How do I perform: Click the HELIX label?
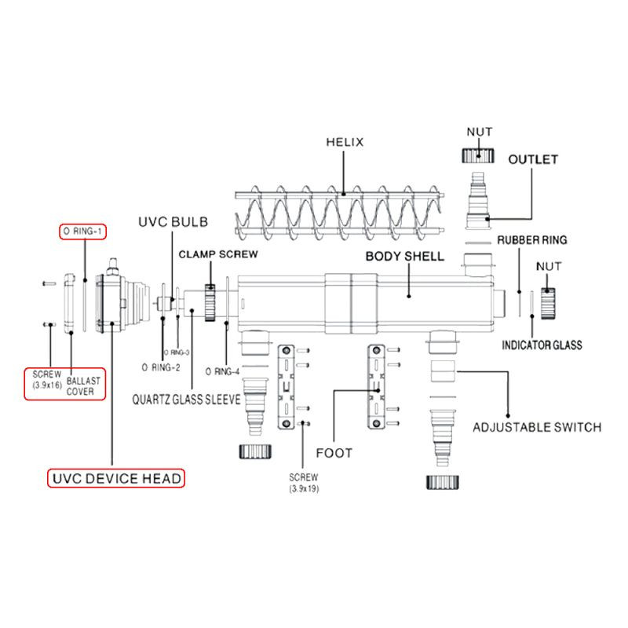(x=345, y=142)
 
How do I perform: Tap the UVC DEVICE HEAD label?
(x=116, y=479)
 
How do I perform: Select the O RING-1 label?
(x=82, y=231)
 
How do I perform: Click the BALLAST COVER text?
(x=83, y=386)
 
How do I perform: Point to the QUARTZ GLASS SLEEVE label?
(x=187, y=400)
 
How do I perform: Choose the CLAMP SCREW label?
(x=218, y=254)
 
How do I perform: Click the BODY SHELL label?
(x=405, y=257)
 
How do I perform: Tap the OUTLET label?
(x=533, y=159)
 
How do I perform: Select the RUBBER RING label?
(x=532, y=240)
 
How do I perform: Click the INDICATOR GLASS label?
(x=542, y=345)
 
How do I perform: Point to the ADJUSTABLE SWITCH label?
(x=537, y=427)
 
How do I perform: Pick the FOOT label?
(x=334, y=453)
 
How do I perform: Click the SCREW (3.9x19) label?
(x=304, y=483)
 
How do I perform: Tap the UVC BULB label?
(x=173, y=222)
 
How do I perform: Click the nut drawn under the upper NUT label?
(x=478, y=155)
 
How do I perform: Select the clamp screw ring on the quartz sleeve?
(x=210, y=302)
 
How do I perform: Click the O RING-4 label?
(x=222, y=371)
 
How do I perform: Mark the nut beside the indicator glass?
(x=548, y=303)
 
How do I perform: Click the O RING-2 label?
(x=161, y=367)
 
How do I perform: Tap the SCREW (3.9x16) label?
(x=47, y=379)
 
